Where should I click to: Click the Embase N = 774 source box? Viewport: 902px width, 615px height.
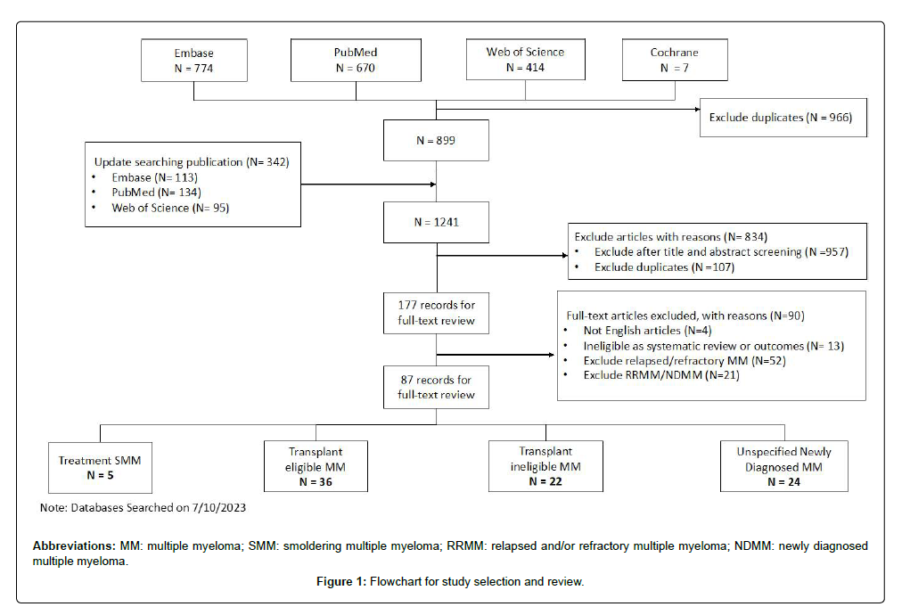click(193, 60)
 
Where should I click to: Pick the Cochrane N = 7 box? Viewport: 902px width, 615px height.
click(674, 60)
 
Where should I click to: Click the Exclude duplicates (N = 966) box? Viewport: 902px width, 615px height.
click(783, 118)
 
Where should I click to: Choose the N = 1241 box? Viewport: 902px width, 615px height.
click(436, 222)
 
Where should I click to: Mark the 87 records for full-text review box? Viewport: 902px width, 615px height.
click(437, 387)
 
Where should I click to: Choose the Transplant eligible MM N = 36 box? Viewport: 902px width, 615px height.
click(315, 466)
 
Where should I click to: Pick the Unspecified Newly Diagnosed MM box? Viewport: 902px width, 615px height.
click(784, 466)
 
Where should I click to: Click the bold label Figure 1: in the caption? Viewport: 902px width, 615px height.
click(341, 582)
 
